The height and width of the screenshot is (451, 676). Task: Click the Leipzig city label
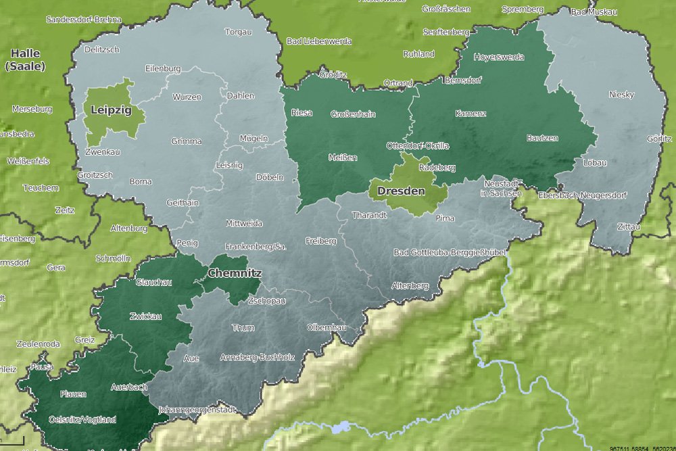point(110,110)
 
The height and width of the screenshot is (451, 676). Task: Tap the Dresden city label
point(402,191)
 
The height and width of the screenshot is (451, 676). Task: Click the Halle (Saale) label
point(26,60)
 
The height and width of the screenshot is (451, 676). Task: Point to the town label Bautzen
point(542,138)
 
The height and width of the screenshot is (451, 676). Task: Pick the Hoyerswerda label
point(499,57)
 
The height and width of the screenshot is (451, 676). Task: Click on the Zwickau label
point(145,316)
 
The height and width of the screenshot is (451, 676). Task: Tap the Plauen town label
point(73,394)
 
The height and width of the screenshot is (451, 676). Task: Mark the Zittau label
point(628,227)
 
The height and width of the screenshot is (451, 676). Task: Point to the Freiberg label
point(320,241)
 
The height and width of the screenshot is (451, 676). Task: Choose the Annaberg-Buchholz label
point(258,357)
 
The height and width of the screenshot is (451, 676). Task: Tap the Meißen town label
point(343,158)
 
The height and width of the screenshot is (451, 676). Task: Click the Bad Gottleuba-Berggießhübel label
point(450,253)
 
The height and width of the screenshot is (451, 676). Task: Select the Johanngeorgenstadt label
point(197,410)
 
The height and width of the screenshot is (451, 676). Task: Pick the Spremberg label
point(523,9)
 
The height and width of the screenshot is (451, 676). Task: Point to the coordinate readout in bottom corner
point(642,448)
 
